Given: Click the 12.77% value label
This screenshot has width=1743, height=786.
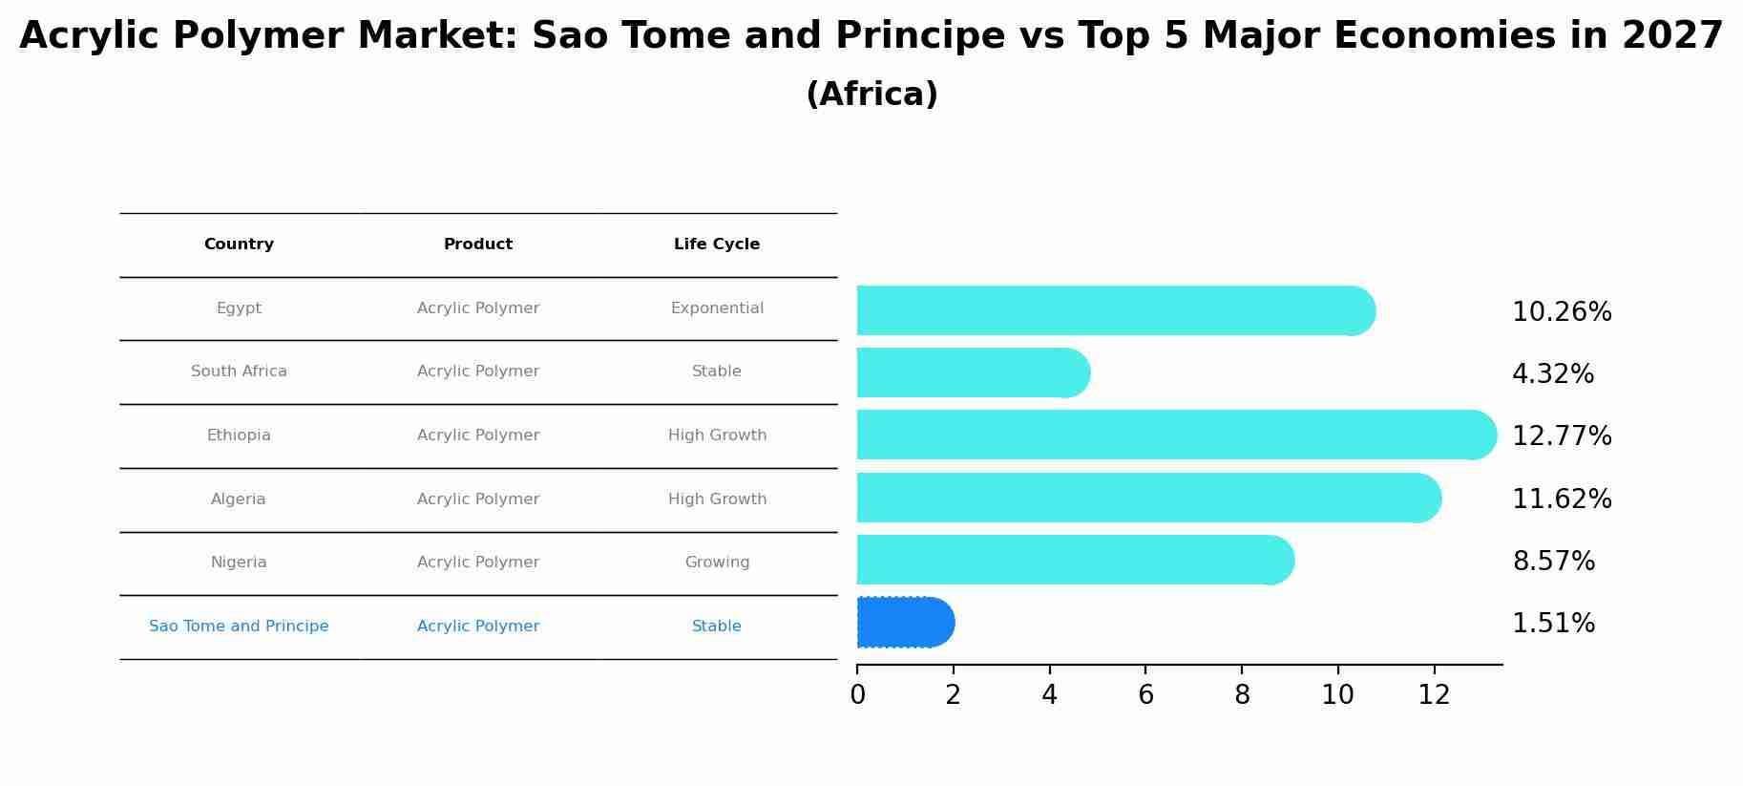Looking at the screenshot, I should point(1562,436).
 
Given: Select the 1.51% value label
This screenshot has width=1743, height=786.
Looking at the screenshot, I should point(1553,624).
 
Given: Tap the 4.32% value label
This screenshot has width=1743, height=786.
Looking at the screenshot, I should point(1553,374).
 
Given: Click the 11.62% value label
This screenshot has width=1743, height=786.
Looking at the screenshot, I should point(1562,499).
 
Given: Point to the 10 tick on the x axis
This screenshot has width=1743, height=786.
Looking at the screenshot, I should point(1337,695).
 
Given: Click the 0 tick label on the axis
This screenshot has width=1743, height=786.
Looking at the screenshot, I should point(857,695).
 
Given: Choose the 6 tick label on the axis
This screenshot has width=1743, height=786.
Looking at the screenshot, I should point(1145,695).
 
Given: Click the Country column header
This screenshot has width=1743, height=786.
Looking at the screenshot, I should point(239,244).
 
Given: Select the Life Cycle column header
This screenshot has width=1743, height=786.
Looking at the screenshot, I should point(717,244).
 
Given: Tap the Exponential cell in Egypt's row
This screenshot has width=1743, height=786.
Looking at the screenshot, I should point(717,308).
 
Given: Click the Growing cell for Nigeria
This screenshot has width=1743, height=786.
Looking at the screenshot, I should point(717,563).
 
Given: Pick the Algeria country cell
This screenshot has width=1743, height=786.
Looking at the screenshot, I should point(239,499).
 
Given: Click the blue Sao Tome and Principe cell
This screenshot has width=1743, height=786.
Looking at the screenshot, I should point(239,627).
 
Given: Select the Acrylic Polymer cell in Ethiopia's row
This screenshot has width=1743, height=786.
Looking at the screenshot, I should point(478,435).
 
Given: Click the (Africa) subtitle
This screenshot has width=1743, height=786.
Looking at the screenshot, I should point(871,95).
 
